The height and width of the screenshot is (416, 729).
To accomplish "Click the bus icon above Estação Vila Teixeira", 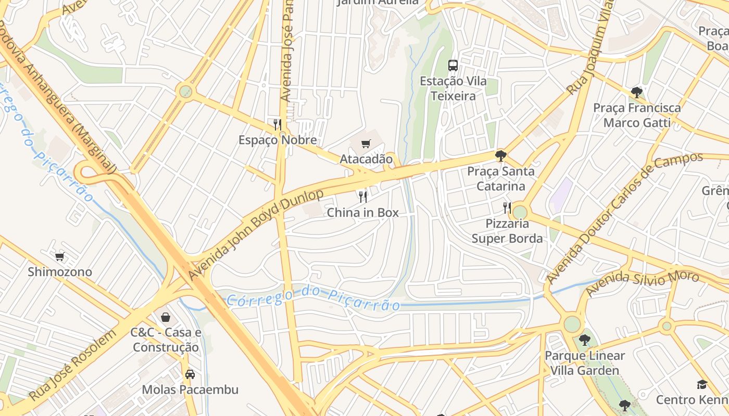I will click(x=453, y=66).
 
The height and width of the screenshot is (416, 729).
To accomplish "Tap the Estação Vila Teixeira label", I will click(x=453, y=89).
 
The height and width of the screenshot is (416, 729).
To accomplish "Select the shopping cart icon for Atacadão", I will click(x=366, y=144).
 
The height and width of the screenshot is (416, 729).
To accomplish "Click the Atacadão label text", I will click(x=366, y=159).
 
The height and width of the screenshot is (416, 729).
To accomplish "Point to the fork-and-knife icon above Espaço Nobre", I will click(x=278, y=124).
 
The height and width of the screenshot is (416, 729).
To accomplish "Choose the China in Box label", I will click(x=363, y=213).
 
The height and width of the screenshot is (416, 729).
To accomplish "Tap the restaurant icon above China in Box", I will click(x=363, y=197).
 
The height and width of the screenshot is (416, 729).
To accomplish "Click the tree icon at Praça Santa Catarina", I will click(x=500, y=155).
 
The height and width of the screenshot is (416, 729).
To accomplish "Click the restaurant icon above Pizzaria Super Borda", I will click(x=507, y=208).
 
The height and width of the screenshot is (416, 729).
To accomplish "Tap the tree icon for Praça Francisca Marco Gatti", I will click(x=636, y=93).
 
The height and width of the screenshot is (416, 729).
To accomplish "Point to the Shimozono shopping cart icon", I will click(x=60, y=256).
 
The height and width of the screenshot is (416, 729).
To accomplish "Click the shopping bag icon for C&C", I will click(x=166, y=317).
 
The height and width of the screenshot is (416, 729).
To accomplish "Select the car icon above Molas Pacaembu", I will click(x=190, y=374).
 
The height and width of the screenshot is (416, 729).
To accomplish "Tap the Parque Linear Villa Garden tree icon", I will click(x=584, y=340).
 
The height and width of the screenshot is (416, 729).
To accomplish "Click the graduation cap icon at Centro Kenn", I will click(x=702, y=384).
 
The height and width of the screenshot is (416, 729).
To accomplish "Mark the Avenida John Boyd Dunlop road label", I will click(x=256, y=234).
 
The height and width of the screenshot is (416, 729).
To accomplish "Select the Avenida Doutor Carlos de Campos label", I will click(x=623, y=218).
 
